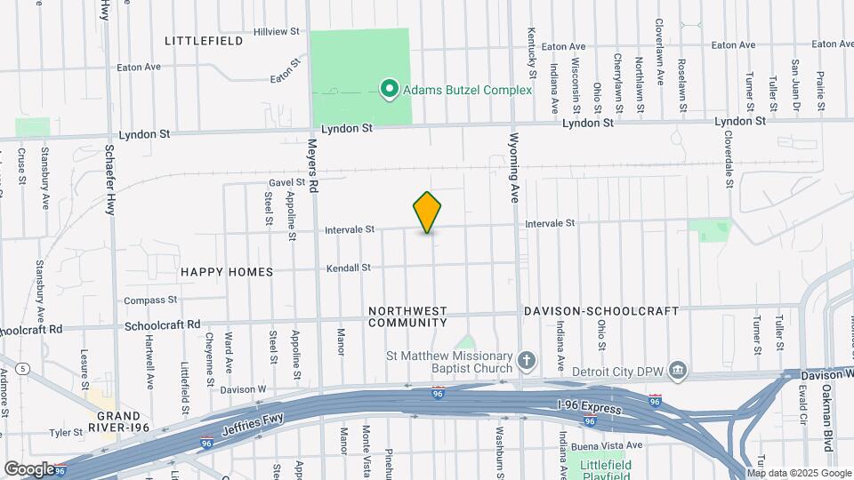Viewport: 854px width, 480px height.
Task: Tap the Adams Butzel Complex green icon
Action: [x=389, y=89]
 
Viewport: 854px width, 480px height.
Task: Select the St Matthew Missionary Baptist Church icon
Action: [x=527, y=361]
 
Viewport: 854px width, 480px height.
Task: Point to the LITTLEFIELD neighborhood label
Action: [x=203, y=41]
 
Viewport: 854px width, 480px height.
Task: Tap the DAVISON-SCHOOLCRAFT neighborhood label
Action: [x=600, y=311]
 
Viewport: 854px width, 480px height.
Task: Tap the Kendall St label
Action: [x=348, y=268]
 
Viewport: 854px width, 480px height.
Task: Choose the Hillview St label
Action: [x=277, y=31]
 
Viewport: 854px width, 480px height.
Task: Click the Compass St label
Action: [x=151, y=300]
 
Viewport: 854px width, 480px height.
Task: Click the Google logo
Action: [x=29, y=468]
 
